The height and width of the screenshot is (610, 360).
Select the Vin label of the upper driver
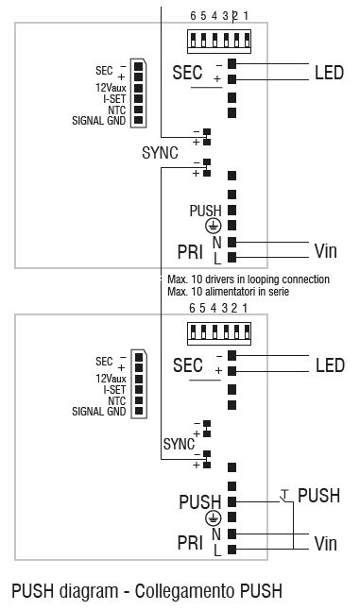(325, 251)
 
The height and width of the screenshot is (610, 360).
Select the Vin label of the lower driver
(325, 544)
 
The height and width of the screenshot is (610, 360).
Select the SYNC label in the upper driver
(160, 152)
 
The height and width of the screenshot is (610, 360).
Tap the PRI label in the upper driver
(190, 250)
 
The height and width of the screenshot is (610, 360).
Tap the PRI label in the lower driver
(190, 543)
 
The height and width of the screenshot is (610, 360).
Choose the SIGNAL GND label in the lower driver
(100, 412)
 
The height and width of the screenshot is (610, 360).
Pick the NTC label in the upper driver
(118, 110)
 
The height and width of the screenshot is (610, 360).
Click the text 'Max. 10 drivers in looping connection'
(248, 280)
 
